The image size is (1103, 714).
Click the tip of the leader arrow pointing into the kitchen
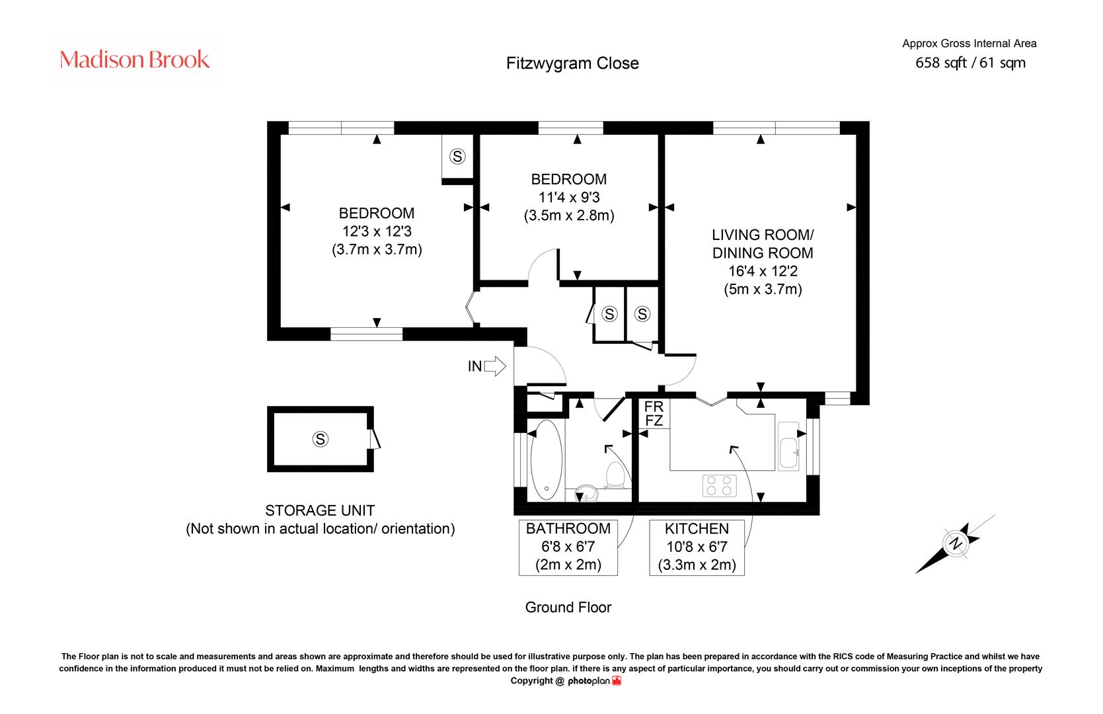(x=731, y=447)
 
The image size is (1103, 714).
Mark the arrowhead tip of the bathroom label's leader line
(x=605, y=446)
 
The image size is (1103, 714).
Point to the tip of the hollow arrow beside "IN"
(x=506, y=366)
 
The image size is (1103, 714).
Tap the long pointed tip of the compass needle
(x=916, y=573)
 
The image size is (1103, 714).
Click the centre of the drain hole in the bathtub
(x=547, y=489)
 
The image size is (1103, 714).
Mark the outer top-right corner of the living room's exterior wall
(x=869, y=121)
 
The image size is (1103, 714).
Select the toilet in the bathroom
(x=615, y=475)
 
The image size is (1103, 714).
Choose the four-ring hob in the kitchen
(x=719, y=485)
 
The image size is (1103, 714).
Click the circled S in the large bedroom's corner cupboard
(x=457, y=157)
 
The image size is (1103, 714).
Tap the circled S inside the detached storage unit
(x=321, y=439)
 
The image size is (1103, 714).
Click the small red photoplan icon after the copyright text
(x=617, y=680)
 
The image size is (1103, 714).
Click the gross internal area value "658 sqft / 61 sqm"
(x=970, y=63)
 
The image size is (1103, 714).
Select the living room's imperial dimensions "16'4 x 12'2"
(x=763, y=271)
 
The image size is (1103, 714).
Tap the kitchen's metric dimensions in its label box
(x=697, y=565)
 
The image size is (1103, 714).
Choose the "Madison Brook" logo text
(x=135, y=59)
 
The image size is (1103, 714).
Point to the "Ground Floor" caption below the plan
(x=568, y=607)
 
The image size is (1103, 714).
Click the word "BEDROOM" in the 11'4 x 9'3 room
(x=569, y=179)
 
